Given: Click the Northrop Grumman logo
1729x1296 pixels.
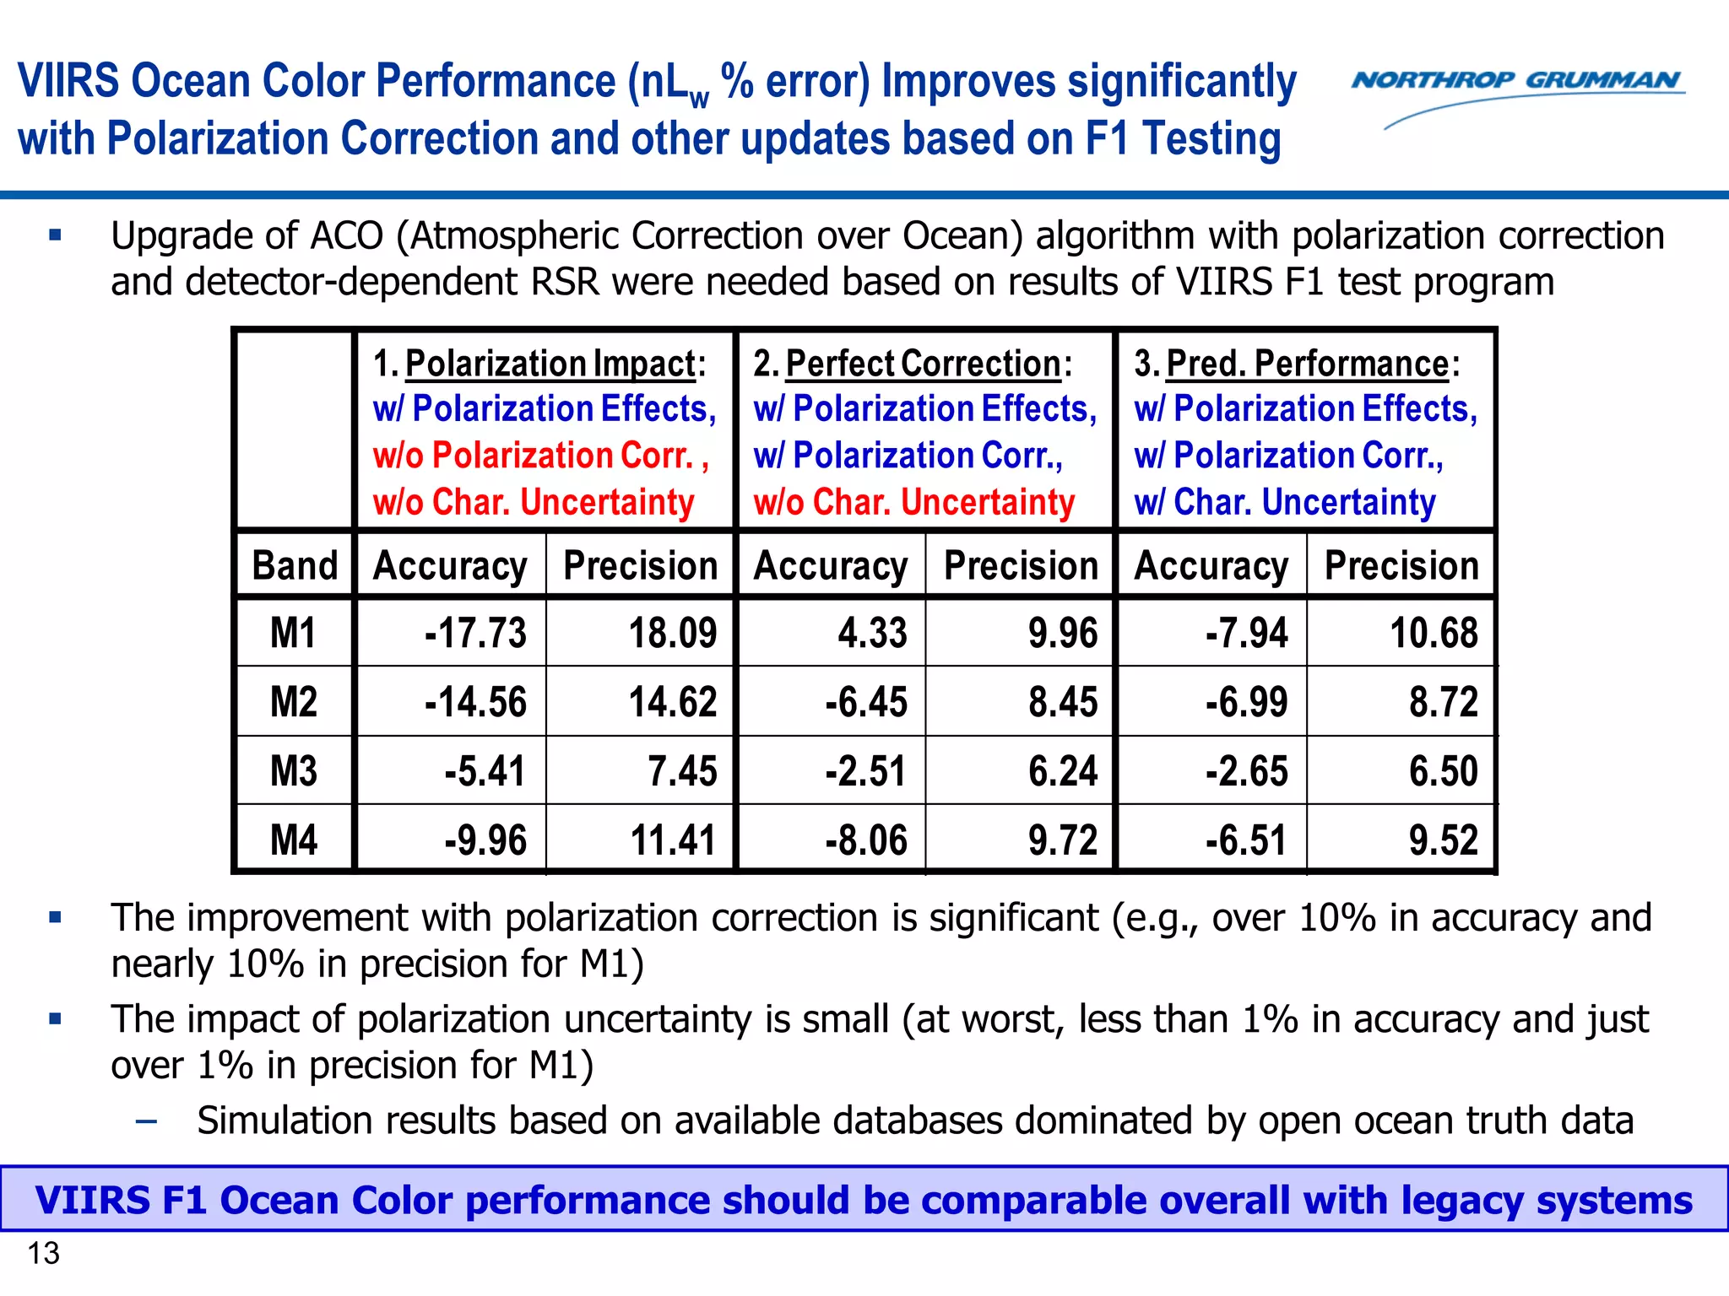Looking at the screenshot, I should click(1517, 93).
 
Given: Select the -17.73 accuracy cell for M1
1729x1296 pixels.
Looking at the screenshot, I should click(475, 633).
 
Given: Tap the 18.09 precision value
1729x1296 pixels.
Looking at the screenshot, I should click(672, 633).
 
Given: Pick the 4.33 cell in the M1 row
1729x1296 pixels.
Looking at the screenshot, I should click(872, 633).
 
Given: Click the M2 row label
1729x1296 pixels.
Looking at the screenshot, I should click(293, 702).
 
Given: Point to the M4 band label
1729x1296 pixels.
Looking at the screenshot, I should click(293, 840).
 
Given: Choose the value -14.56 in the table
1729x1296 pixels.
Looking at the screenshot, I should click(475, 702).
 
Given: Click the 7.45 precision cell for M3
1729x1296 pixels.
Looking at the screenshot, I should click(682, 771).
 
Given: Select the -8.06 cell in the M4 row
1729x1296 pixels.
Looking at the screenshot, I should click(866, 840).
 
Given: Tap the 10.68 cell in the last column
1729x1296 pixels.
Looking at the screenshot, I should click(1434, 633).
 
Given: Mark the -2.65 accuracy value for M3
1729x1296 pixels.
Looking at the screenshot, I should click(1246, 771).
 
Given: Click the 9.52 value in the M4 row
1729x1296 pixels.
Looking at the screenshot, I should click(1443, 840).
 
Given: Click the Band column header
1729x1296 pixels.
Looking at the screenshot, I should click(295, 565).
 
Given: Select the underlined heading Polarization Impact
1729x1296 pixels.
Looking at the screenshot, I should click(550, 364).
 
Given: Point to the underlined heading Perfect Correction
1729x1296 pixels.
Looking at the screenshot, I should click(923, 364).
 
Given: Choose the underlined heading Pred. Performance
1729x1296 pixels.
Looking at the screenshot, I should click(1308, 364).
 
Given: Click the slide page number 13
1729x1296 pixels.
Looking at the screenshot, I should click(44, 1254).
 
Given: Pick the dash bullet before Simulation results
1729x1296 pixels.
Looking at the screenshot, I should click(146, 1121).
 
